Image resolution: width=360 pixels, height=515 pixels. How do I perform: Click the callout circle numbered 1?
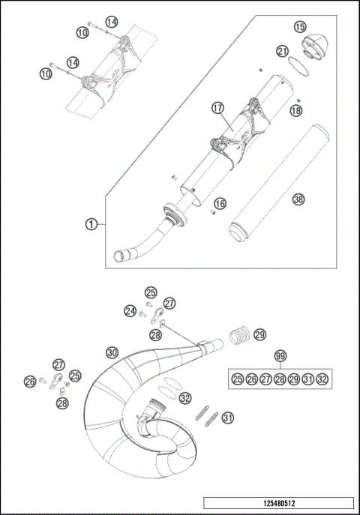coord(90,223)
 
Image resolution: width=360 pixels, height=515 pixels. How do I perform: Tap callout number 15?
coord(300,28)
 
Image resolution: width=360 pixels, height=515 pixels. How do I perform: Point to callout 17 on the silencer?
coord(217,108)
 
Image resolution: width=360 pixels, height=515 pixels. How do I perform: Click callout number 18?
coord(295,111)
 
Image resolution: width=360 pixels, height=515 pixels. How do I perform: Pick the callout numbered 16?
coord(219,203)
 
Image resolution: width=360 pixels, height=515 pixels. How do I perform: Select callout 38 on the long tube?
coord(298,199)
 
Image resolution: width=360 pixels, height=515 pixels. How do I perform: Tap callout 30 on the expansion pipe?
coord(112,352)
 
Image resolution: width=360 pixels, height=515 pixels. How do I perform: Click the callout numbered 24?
coord(130,310)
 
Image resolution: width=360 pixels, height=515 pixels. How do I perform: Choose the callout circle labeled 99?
coord(280,355)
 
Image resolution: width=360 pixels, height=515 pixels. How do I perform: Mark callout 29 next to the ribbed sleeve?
coord(259,334)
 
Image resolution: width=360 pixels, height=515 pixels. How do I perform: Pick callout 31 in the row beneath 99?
coord(308,379)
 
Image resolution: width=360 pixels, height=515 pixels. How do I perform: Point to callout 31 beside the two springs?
coord(228,418)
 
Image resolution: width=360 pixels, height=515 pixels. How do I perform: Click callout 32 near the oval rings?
coord(184,399)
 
